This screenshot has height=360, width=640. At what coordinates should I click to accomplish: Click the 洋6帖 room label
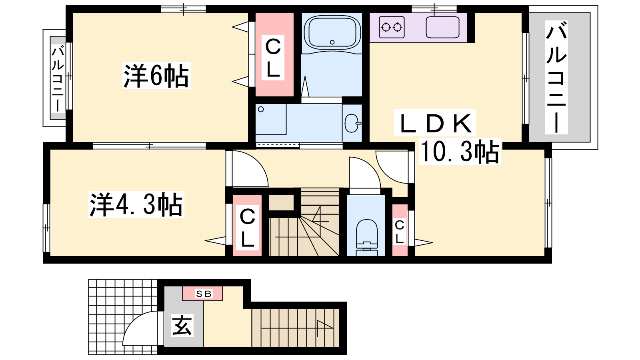(156, 76)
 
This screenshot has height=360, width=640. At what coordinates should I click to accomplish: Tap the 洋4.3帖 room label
(136, 204)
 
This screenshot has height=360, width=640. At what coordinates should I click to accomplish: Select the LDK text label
(435, 123)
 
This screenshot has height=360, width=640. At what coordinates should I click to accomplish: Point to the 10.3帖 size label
(460, 152)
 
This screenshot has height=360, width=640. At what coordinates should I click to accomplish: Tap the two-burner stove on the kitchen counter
(392, 27)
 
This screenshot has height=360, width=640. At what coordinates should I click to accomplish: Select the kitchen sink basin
(442, 27)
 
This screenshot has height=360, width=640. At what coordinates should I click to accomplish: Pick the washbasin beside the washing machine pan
(352, 123)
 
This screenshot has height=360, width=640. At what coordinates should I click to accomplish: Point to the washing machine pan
(270, 119)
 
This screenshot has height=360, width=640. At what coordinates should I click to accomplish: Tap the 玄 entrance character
(182, 325)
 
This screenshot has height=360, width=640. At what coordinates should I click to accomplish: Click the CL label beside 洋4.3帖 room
(248, 228)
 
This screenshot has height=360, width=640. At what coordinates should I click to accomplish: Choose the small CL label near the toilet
(400, 232)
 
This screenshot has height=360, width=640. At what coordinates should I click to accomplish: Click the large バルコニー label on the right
(556, 78)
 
